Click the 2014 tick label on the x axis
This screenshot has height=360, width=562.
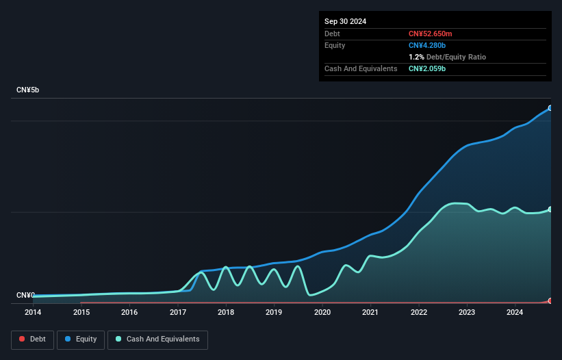tap(33, 312)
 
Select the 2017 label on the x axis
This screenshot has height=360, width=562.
tap(178, 312)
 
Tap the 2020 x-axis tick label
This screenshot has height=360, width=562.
tap(322, 312)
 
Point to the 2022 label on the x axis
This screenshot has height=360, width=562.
tap(419, 312)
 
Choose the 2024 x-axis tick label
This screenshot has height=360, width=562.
tap(515, 312)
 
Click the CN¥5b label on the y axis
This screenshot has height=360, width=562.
tap(28, 90)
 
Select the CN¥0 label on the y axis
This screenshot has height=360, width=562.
tap(25, 296)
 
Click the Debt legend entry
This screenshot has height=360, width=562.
tap(31, 339)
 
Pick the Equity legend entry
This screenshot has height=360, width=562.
tap(81, 339)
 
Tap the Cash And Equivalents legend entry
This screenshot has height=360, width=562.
tap(157, 339)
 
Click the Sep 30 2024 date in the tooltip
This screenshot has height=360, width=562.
tap(345, 21)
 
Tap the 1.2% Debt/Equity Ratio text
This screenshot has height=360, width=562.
tap(447, 57)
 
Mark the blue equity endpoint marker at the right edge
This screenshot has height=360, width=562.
tap(550, 108)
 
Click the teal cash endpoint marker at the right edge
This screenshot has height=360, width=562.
tap(550, 209)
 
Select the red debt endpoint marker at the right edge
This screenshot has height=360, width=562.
tap(550, 301)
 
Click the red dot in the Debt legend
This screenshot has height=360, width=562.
tap(22, 339)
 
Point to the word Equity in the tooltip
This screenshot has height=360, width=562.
tap(335, 45)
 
